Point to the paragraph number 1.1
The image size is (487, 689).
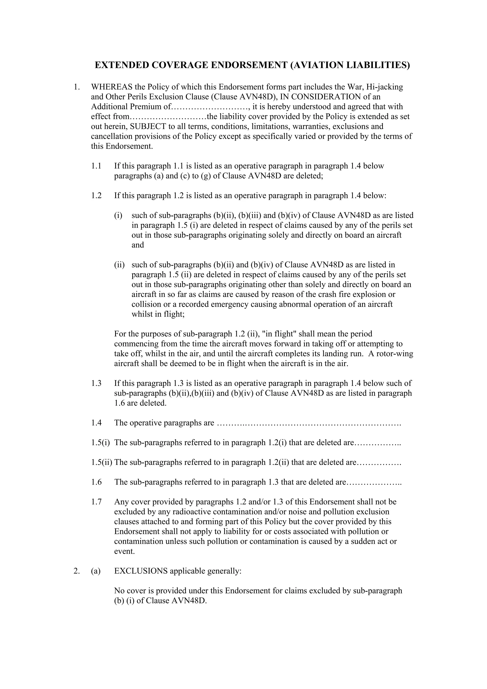pos(96,166)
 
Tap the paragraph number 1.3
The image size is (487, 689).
pos(96,383)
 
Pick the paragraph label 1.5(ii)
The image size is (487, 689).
pos(102,462)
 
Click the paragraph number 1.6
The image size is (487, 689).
pos(96,482)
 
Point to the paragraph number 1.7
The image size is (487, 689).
pos(96,502)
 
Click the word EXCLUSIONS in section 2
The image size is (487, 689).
pos(141,571)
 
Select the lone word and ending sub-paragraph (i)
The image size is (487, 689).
pos(138,245)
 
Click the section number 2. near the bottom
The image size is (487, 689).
pos(77,571)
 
